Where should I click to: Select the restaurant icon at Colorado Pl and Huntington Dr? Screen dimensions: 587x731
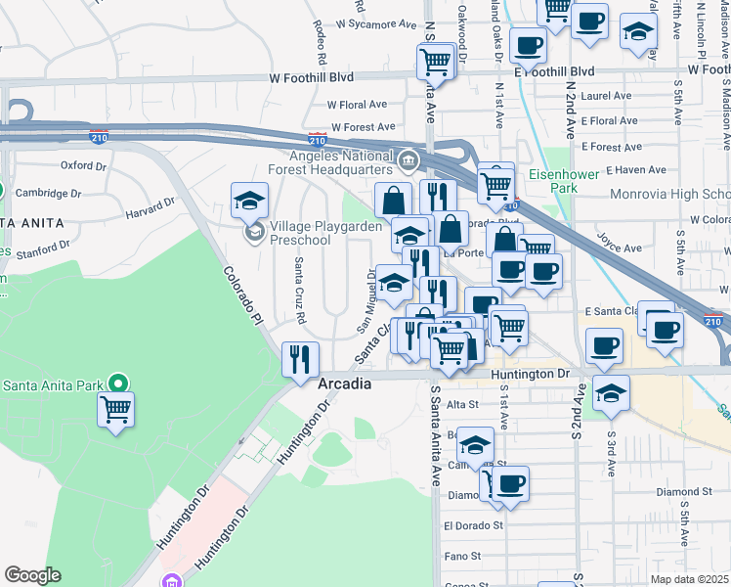299,358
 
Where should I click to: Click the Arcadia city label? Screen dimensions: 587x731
344,384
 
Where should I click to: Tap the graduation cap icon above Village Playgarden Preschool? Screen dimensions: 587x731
250,200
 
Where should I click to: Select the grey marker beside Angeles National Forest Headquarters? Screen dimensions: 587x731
408,158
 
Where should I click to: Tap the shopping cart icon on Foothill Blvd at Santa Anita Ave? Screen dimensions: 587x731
435,62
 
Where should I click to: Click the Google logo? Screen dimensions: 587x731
32,574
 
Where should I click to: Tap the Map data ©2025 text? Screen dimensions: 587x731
689,579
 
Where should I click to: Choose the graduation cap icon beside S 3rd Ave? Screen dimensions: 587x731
611,392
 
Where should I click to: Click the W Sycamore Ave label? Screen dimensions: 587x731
369,23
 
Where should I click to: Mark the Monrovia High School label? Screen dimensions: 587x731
669,194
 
